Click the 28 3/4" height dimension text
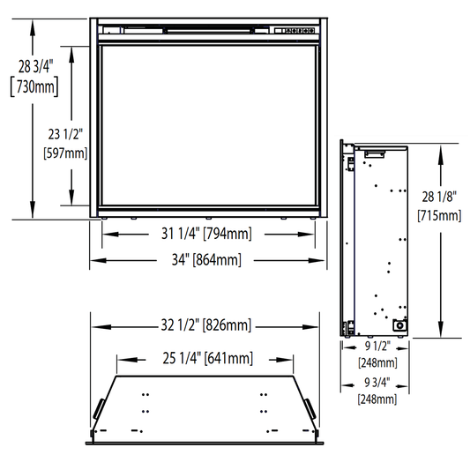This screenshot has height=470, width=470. pyautogui.click(x=35, y=66)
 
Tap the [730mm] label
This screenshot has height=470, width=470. pyautogui.click(x=34, y=87)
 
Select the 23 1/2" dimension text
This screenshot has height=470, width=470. pyautogui.click(x=65, y=134)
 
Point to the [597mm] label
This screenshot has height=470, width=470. pyautogui.click(x=65, y=153)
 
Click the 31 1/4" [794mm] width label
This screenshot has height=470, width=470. pyautogui.click(x=206, y=234)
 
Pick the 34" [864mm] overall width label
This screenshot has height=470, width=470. pyautogui.click(x=206, y=259)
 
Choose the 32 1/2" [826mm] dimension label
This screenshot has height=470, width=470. pyautogui.click(x=206, y=325)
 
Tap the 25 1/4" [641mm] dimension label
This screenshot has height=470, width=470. pyautogui.click(x=208, y=358)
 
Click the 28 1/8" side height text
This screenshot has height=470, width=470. pyautogui.click(x=439, y=197)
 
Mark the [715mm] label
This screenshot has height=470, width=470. pyautogui.click(x=439, y=215)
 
